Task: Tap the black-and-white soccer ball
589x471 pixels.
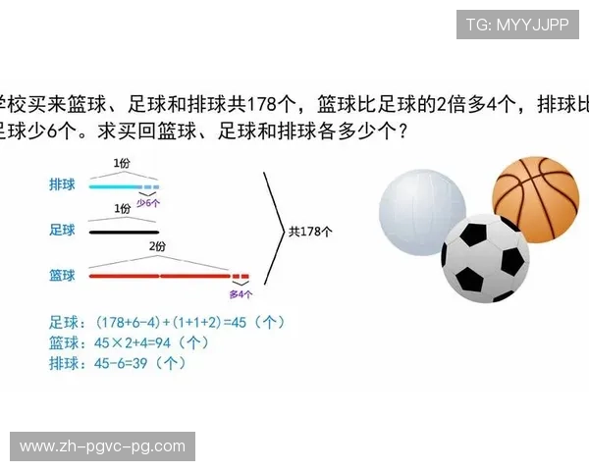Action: (485, 259)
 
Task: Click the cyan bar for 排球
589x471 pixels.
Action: (115, 185)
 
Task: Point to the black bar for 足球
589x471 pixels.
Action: (123, 232)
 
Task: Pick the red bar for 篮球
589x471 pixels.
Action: (158, 277)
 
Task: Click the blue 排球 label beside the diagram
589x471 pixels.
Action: (62, 184)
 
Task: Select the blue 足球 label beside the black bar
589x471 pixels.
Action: (62, 231)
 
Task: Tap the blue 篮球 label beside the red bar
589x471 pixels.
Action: (62, 276)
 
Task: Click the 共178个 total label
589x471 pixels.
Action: (311, 232)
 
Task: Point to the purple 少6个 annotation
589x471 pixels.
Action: (148, 201)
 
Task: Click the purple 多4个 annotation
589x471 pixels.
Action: (241, 292)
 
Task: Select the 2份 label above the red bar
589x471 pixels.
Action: (157, 247)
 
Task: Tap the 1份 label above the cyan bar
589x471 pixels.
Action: (121, 162)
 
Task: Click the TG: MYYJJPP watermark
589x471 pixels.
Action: (517, 25)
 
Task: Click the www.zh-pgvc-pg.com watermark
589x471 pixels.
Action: (102, 446)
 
